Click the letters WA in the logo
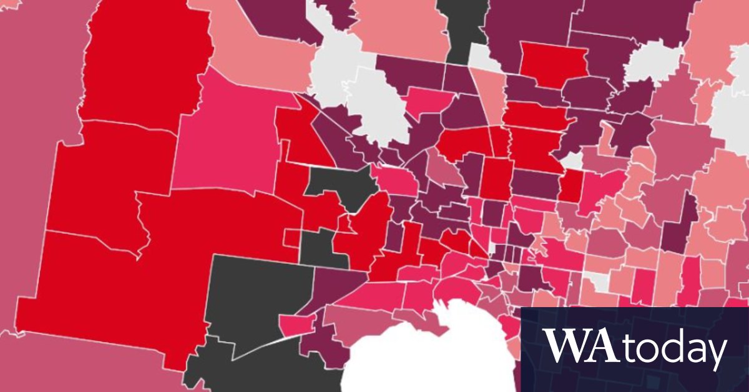tap(580, 345)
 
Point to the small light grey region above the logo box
tap(598, 282)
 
